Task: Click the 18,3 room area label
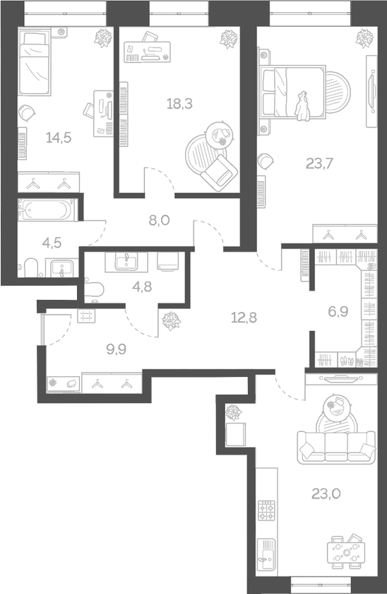click(179, 103)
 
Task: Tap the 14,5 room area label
click(59, 136)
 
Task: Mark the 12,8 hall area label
click(243, 316)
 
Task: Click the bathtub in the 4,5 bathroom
click(45, 210)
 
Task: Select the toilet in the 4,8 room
click(94, 286)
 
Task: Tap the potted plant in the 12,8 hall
click(172, 321)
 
